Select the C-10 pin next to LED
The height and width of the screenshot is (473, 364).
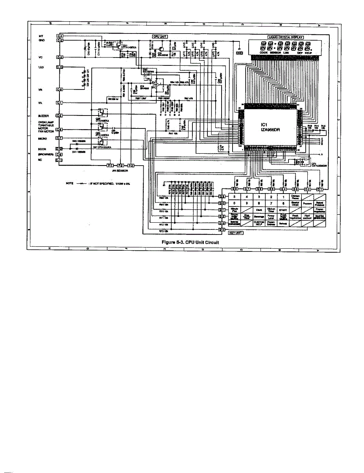(60, 67)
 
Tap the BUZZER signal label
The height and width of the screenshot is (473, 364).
(44, 116)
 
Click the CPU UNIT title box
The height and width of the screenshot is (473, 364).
(160, 37)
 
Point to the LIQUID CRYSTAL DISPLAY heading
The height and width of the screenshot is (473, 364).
(285, 37)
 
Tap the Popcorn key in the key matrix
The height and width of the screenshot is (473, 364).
(308, 204)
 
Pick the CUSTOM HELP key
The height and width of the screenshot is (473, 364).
(259, 223)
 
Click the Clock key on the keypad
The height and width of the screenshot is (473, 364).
(259, 210)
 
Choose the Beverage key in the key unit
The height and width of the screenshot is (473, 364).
(259, 216)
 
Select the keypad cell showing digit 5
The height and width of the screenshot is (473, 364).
(234, 196)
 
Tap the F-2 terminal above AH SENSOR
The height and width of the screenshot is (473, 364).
(121, 165)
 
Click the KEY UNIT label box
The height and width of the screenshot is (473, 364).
(236, 233)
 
